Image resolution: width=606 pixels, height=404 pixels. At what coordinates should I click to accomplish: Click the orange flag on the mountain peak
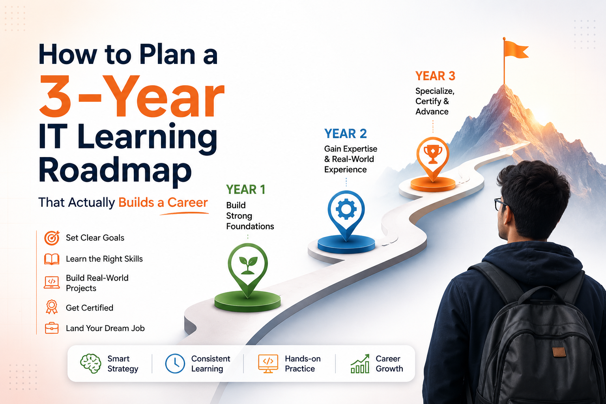point(516,50)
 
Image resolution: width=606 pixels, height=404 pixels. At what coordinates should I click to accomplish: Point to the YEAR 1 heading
point(246,189)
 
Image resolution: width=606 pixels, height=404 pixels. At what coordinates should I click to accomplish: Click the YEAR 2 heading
point(346,134)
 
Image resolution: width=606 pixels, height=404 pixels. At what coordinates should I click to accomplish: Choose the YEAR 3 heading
point(435,76)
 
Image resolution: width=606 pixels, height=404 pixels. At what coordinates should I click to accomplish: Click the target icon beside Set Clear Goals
point(52,238)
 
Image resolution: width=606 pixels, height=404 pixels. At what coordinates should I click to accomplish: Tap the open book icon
point(52,259)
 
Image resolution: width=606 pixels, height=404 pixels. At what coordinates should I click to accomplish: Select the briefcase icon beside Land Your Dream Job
point(52,328)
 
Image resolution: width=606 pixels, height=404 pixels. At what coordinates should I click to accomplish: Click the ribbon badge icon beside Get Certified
point(52,307)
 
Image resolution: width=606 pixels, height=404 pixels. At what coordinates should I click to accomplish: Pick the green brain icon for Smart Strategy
point(91,363)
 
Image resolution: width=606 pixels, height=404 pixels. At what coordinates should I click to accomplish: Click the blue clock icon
point(175,363)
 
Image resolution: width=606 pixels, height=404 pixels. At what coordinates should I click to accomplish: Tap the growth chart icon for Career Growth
point(360,363)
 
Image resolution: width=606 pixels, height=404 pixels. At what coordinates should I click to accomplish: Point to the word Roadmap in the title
point(115,170)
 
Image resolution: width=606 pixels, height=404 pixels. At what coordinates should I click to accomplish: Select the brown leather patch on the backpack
point(559,352)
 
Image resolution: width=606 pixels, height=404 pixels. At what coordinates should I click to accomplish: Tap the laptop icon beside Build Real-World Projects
point(52,282)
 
